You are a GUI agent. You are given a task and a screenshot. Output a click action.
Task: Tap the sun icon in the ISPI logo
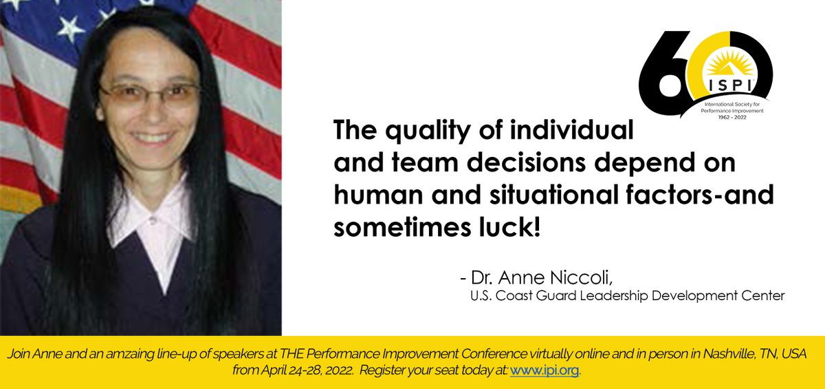point(728,64)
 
